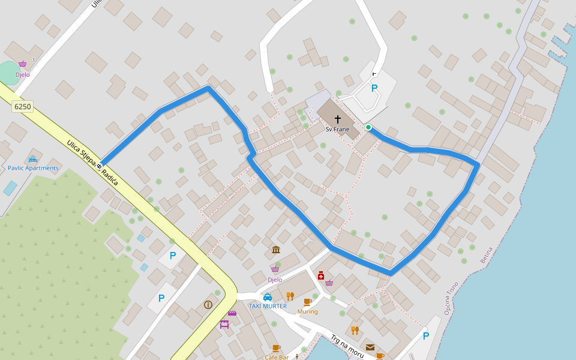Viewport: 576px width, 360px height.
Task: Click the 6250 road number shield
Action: (22, 107)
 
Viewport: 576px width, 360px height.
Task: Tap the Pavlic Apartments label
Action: (33, 168)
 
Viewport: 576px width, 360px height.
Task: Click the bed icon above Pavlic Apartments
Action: (32, 160)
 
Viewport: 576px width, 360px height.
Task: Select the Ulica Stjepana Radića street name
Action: (92, 163)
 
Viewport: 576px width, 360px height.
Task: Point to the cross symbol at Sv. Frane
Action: (338, 119)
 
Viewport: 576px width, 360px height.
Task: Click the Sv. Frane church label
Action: (337, 129)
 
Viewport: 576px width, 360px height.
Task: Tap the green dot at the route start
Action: (368, 127)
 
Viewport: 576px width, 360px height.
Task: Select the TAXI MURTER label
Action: (268, 306)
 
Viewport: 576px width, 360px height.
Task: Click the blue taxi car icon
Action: (268, 297)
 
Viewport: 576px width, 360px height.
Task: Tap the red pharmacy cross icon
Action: (321, 275)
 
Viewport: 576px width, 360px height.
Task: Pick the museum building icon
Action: (275, 250)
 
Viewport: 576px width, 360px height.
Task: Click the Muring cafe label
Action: (307, 311)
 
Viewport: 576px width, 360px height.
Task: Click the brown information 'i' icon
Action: (208, 305)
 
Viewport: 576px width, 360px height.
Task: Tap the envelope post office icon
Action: (370, 347)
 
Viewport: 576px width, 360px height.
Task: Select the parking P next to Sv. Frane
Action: (374, 88)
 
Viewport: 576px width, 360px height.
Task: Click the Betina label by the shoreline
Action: (486, 255)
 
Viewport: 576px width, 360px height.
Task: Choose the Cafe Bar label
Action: (276, 357)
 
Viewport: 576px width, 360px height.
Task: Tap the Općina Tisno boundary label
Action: (451, 298)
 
